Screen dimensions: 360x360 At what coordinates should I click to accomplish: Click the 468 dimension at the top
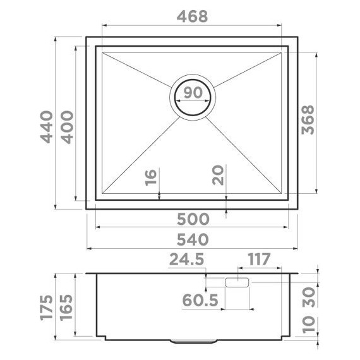point(193,16)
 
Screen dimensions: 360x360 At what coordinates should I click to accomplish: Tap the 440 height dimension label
point(47,127)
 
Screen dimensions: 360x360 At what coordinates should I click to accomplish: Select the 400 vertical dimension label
point(68,127)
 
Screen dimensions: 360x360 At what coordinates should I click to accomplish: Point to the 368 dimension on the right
point(308,119)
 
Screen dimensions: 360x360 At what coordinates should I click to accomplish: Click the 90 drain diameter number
point(193,92)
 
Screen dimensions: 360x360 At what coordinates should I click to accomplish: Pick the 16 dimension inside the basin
point(151,177)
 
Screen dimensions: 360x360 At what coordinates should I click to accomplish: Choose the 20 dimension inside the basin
point(218,176)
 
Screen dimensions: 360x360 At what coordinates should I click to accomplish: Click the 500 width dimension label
point(193,219)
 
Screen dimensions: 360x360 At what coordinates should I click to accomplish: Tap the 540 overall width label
point(193,239)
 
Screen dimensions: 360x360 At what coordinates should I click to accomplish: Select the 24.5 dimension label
point(187,259)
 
